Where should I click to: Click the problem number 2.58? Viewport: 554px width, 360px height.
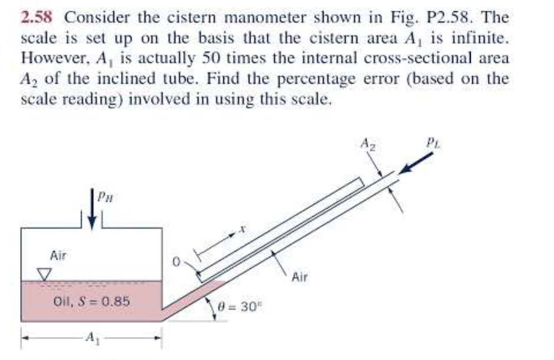[x=37, y=18]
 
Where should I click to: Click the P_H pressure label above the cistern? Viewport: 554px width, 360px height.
[x=105, y=195]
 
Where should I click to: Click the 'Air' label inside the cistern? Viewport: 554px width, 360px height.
[x=59, y=256]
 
